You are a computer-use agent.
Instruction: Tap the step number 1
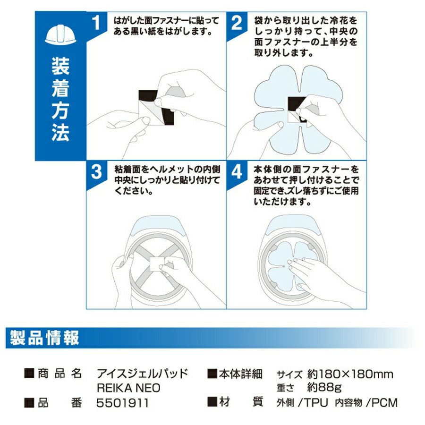pos(96,23)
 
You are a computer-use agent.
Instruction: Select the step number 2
pos(237,23)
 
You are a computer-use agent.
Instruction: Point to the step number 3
pos(96,171)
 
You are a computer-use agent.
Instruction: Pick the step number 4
pos(237,171)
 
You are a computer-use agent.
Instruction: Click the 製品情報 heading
pos(44,338)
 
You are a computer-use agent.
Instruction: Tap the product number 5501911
pos(122,403)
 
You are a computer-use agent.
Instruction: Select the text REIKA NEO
pos(128,388)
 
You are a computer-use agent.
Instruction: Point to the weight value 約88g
pos(324,388)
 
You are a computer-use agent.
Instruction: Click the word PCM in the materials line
pos(384,403)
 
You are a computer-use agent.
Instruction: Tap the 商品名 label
pos(59,374)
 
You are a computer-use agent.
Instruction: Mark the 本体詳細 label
pos(241,374)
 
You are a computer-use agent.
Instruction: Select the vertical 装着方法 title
pos(60,100)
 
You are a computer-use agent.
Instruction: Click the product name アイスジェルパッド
pos(143,374)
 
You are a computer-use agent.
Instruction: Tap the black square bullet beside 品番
pos(29,403)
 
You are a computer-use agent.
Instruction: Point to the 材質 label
pos(241,402)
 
